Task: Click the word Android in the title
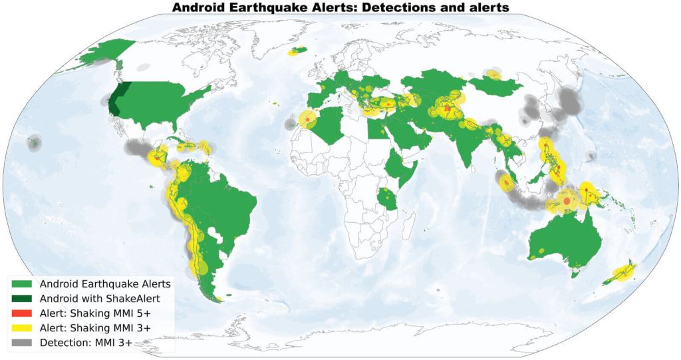click(199, 7)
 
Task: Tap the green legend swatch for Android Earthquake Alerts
click(22, 283)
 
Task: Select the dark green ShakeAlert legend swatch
click(22, 298)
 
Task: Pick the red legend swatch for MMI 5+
click(22, 313)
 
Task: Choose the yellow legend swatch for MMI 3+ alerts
click(22, 327)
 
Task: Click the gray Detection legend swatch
click(22, 343)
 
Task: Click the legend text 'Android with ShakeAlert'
click(100, 298)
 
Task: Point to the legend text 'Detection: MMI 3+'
click(86, 343)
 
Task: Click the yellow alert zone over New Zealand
click(622, 273)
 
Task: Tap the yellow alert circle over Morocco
click(308, 120)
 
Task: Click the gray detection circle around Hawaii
click(34, 142)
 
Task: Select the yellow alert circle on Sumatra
click(505, 182)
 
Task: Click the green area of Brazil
click(213, 200)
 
